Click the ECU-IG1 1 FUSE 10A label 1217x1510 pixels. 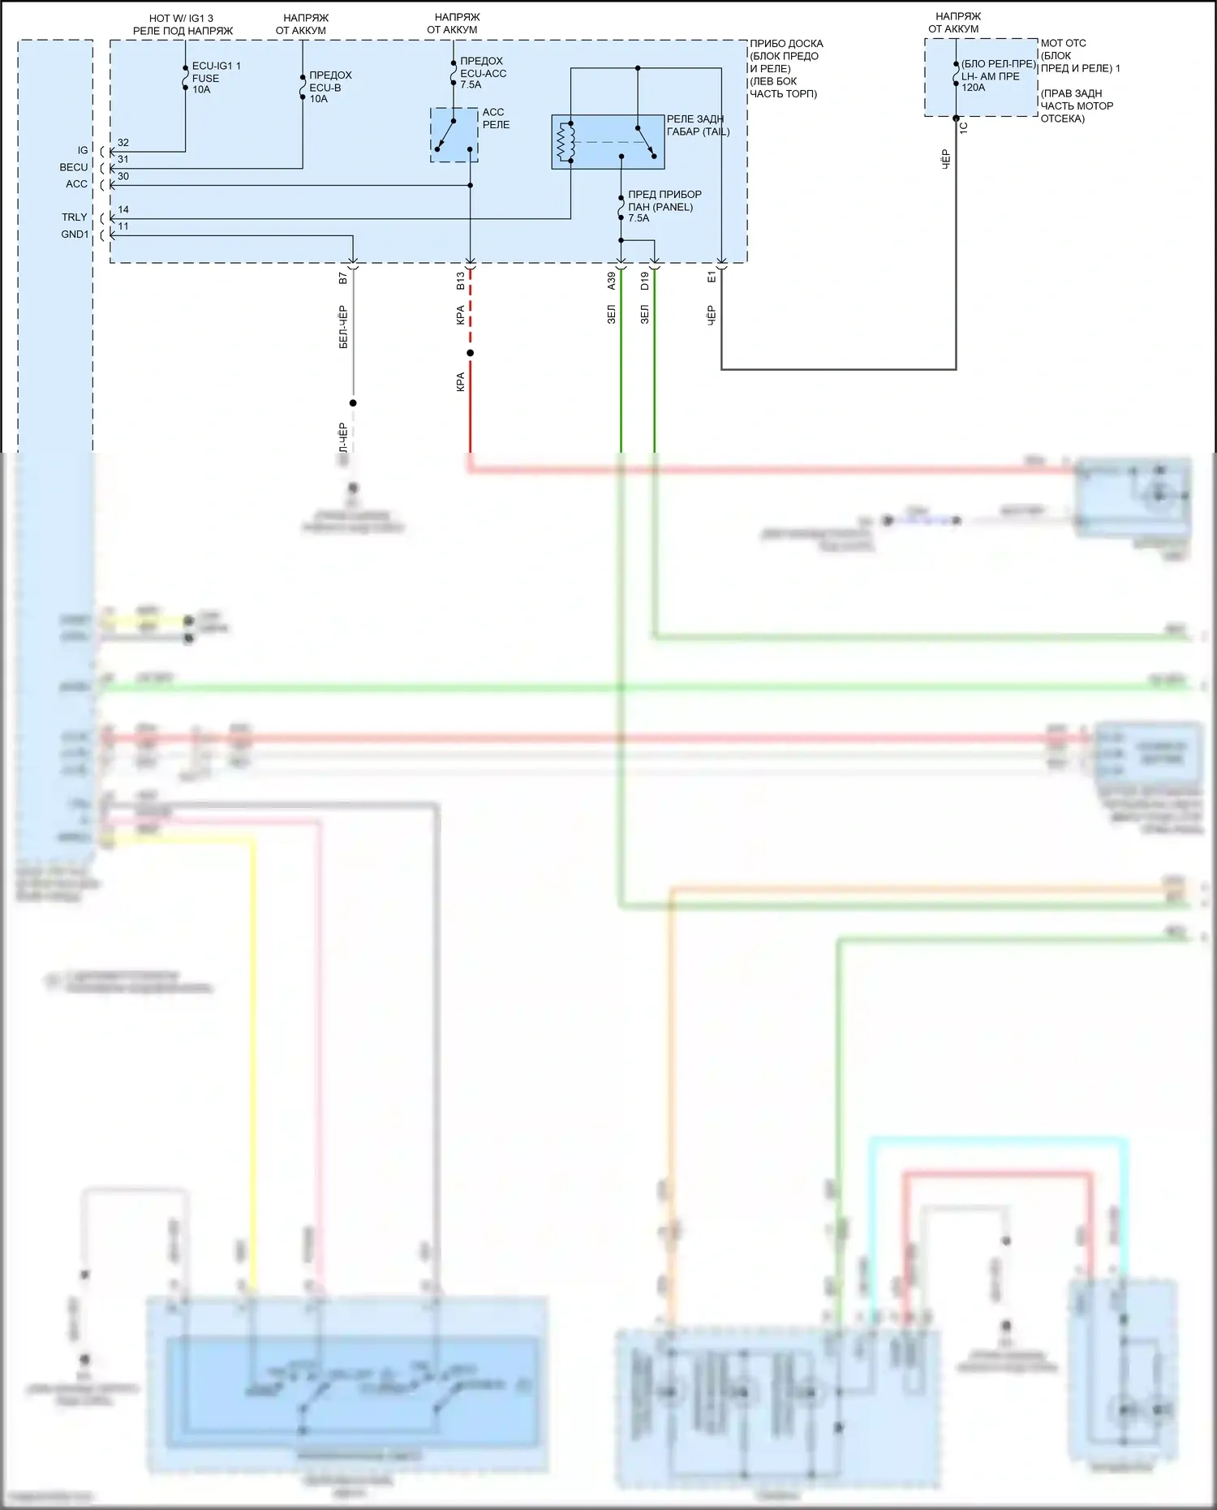pos(215,78)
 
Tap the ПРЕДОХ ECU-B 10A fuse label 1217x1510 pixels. pos(329,87)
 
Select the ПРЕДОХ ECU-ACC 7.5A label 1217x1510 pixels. pos(482,73)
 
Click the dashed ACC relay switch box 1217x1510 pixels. pos(454,135)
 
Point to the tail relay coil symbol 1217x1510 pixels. pos(565,142)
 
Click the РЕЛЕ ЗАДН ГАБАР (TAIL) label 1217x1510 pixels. pos(697,125)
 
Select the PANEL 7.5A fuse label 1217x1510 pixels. pos(664,206)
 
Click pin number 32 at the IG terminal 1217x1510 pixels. pos(123,143)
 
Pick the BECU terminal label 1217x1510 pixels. pos(74,167)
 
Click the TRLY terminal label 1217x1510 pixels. pos(75,217)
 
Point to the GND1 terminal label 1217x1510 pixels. pos(75,234)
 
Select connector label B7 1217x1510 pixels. pos(343,278)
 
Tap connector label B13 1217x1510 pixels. pos(461,281)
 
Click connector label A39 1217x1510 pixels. pos(612,281)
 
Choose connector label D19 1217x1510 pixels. pos(645,281)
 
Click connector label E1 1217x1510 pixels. pos(712,278)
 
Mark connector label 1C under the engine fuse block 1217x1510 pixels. pos(964,127)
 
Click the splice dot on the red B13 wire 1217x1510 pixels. pos(470,353)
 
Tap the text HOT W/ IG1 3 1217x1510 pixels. pos(181,18)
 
